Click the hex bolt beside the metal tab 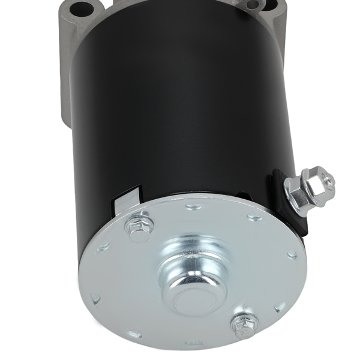[x=139, y=226]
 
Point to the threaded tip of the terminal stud [x=326, y=178]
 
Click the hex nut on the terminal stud [x=314, y=185]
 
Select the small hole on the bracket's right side [x=253, y=5]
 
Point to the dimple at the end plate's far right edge [x=292, y=254]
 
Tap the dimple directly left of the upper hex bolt [x=104, y=246]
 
